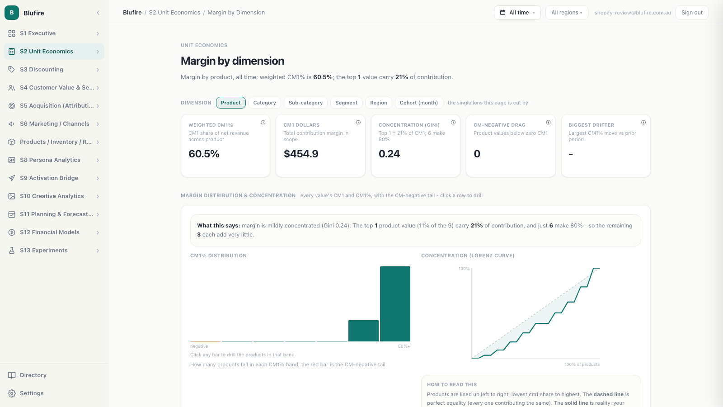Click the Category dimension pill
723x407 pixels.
[x=264, y=103]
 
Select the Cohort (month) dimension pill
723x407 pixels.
[x=418, y=103]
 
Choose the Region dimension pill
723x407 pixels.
[x=378, y=103]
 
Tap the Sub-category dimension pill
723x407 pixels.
[x=305, y=103]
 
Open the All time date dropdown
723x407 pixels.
[x=517, y=13]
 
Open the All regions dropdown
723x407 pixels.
[x=567, y=13]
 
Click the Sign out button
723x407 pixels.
[x=692, y=13]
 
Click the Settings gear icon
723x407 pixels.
[x=12, y=393]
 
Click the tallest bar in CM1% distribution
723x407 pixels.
[x=395, y=303]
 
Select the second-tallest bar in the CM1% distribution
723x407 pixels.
[x=363, y=331]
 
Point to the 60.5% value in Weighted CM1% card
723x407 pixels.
[x=204, y=154]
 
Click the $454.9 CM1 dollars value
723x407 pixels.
[x=301, y=154]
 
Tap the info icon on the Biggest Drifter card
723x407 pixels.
[x=643, y=123]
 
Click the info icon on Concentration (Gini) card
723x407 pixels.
[x=453, y=123]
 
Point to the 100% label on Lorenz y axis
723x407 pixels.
[x=464, y=269]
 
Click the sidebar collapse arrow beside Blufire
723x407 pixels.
[x=98, y=13]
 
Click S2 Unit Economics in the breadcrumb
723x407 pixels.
[x=174, y=13]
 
